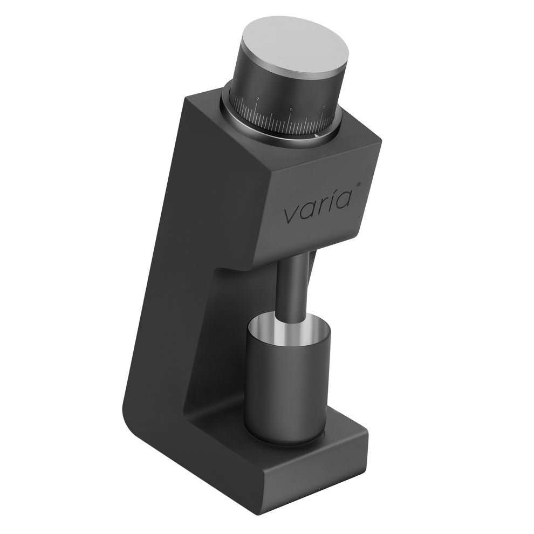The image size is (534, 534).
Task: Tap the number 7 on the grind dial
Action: pos(258,99)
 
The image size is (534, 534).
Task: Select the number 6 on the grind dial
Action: pos(291,110)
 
